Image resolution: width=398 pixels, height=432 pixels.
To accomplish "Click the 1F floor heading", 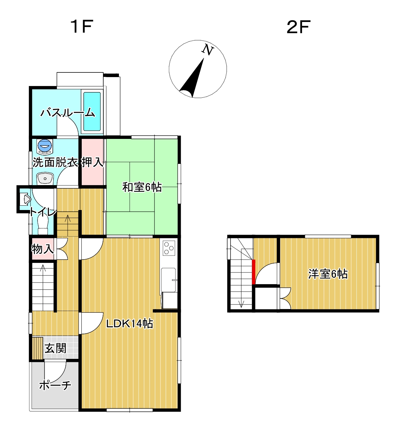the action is [x=82, y=27].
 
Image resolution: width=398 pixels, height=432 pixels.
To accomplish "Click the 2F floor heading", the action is [x=298, y=27].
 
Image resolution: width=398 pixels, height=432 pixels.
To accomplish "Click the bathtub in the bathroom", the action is [x=92, y=111].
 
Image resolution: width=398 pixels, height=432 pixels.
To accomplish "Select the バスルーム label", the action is [x=68, y=113].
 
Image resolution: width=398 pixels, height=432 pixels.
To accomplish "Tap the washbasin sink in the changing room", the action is [x=45, y=178].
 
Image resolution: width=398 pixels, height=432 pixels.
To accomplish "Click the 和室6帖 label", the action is [x=142, y=187].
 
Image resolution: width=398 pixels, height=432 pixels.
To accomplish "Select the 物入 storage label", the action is [x=43, y=249].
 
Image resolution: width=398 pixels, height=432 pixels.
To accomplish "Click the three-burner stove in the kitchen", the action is [x=169, y=248].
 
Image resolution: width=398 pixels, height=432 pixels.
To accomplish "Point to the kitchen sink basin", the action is [x=169, y=280].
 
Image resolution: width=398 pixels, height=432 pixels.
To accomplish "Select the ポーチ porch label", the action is [x=55, y=385].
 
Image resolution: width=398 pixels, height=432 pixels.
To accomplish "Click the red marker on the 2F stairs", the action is [x=253, y=272].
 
